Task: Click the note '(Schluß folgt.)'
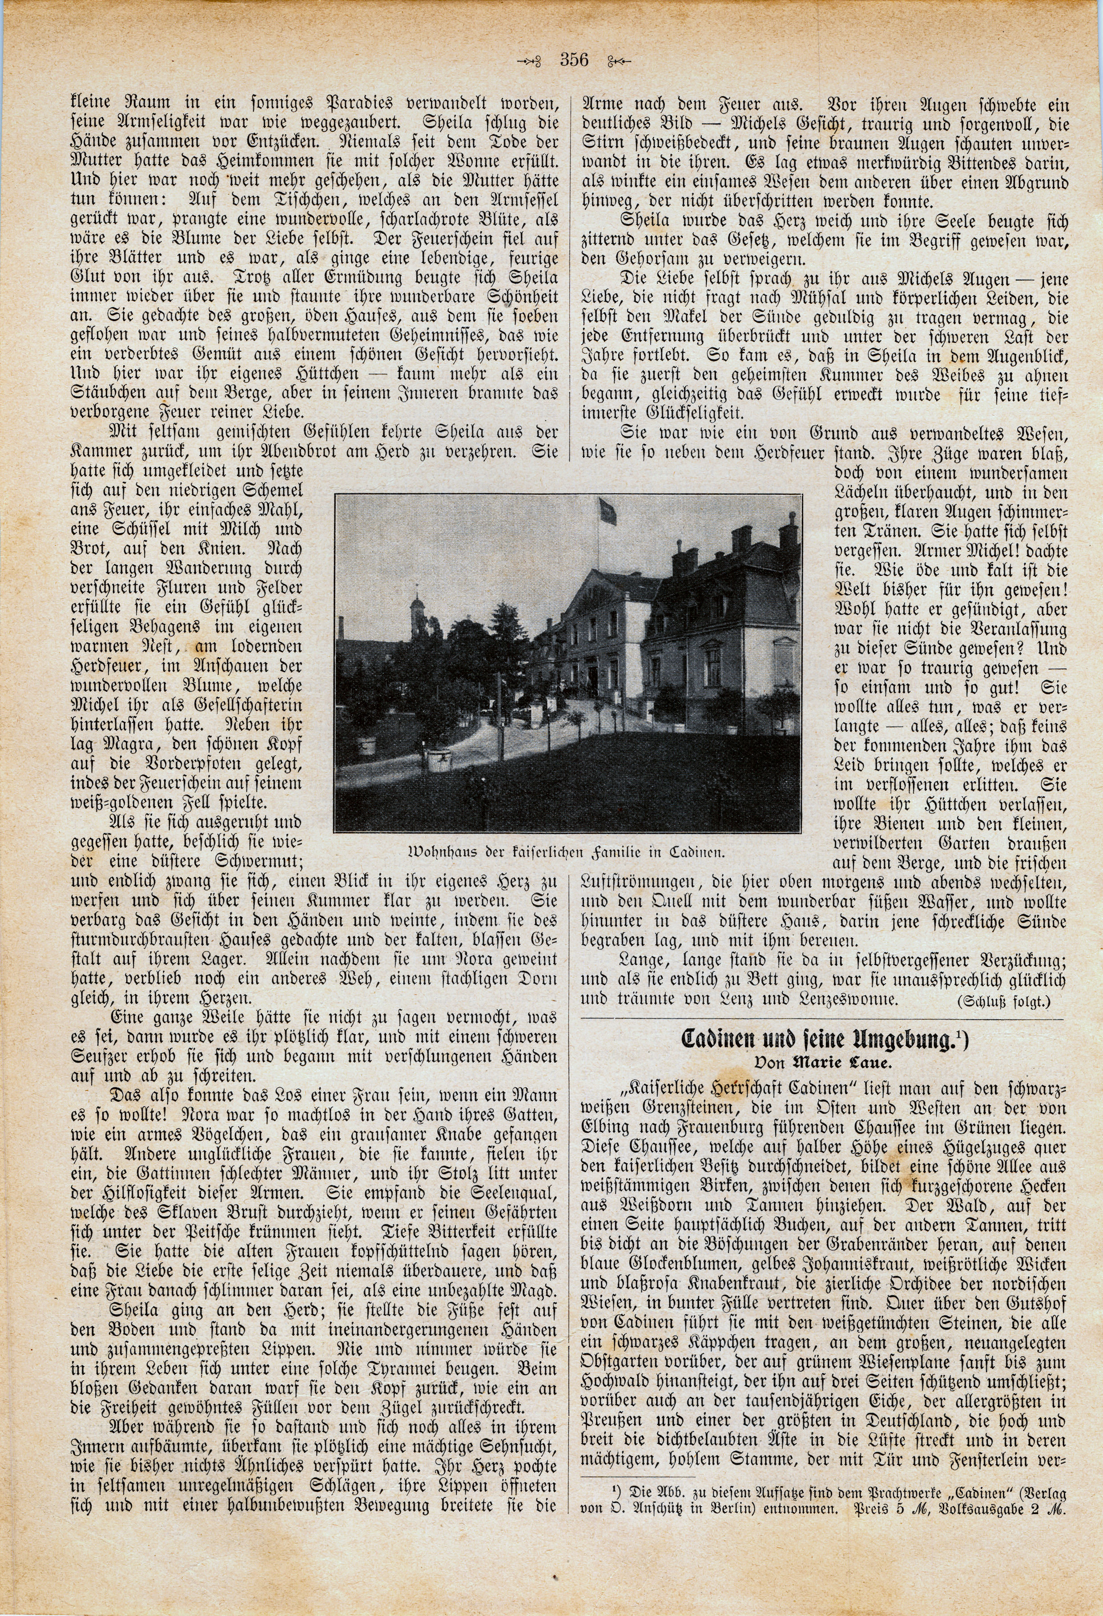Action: click(x=1012, y=1002)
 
